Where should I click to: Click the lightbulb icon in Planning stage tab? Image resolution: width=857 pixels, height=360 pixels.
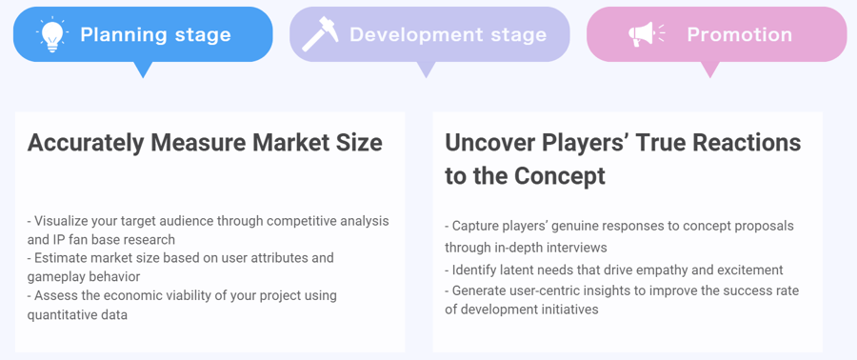51,34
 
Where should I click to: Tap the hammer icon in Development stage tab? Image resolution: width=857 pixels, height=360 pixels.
320,34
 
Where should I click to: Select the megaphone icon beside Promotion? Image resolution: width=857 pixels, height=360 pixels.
647,34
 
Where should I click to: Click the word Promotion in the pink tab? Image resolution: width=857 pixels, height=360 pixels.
739,34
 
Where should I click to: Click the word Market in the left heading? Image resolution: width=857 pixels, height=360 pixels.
287,143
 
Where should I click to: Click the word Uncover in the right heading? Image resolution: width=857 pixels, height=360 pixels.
488,143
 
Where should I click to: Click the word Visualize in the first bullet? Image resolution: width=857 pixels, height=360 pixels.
65,221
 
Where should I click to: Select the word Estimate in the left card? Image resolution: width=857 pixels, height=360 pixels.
64,258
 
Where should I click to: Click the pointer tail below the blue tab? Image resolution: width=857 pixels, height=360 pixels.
143,70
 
